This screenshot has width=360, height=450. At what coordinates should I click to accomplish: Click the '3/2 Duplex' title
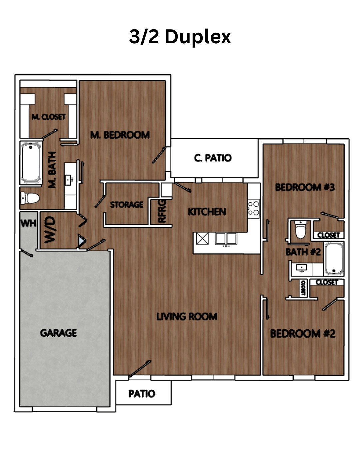tap(180, 37)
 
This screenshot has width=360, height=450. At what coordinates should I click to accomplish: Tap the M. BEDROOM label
tap(120, 135)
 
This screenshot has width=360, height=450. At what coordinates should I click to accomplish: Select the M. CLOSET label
tap(49, 117)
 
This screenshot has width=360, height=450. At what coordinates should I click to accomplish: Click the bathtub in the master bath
tap(31, 163)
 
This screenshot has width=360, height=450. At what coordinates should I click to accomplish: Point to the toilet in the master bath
tap(30, 198)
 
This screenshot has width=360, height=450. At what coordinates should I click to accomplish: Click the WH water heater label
tap(28, 223)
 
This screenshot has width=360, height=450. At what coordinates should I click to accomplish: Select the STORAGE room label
tap(127, 205)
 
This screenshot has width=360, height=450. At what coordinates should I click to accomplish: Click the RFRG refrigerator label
tap(162, 211)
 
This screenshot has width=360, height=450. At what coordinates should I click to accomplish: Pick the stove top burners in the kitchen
tap(254, 208)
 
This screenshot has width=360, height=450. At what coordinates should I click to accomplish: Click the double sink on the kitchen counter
tap(226, 239)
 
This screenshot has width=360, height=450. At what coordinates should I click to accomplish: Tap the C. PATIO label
tap(213, 158)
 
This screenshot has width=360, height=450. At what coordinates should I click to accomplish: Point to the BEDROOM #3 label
tap(305, 187)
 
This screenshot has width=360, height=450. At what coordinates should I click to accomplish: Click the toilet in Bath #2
tap(300, 229)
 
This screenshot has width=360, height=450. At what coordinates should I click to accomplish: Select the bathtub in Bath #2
tap(334, 259)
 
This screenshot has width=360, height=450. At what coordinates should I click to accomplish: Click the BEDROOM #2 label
tap(303, 334)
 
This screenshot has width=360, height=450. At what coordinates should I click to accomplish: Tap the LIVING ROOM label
tap(187, 316)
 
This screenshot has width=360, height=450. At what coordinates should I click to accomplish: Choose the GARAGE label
tap(58, 333)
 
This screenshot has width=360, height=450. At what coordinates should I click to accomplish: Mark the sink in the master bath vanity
tap(68, 180)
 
